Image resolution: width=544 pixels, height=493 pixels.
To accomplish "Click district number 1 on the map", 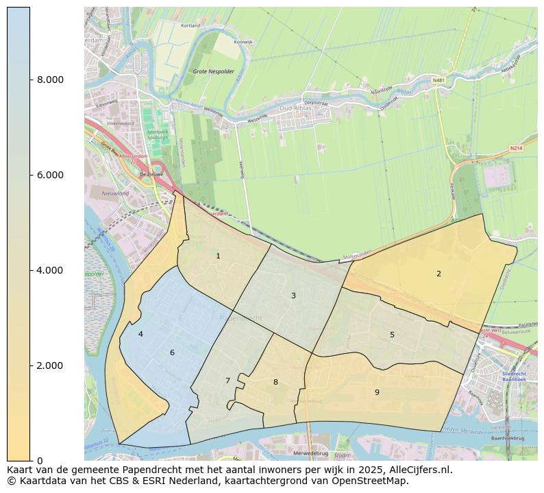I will tap(218, 256).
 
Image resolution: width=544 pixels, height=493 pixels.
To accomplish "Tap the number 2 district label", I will tap(438, 274).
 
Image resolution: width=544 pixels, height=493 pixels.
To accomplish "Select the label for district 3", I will tap(293, 296).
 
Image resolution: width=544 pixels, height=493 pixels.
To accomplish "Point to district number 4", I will tap(140, 334).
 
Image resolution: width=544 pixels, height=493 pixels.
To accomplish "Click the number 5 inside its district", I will tap(392, 335).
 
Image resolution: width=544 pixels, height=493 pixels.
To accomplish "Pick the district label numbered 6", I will tap(172, 352).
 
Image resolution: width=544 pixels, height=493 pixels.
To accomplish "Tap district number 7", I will tap(227, 381).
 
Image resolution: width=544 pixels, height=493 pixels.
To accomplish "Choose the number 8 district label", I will tap(275, 382).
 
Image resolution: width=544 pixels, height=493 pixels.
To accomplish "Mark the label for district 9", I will tap(377, 392).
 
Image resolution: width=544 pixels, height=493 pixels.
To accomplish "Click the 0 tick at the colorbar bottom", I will tap(40, 460).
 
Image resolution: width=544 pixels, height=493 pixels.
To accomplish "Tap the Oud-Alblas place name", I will tap(295, 108).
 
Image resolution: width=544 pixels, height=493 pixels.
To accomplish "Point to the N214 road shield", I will tap(515, 148).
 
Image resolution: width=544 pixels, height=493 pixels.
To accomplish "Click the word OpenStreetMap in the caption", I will tap(375, 481).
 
